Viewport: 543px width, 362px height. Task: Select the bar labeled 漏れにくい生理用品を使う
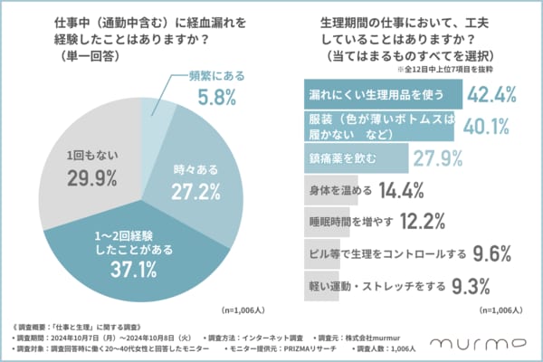click(x=380, y=94)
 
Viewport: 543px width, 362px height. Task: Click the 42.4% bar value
click(x=496, y=94)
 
